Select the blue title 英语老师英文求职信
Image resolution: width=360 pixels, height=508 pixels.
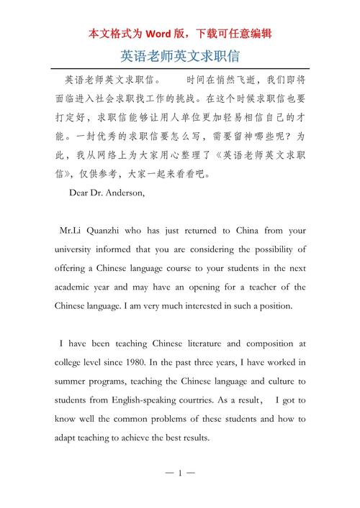[180, 55]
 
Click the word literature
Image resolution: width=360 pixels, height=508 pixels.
[203, 344]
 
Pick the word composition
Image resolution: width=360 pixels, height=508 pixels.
[264, 344]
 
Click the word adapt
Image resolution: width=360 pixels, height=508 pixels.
[66, 438]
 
